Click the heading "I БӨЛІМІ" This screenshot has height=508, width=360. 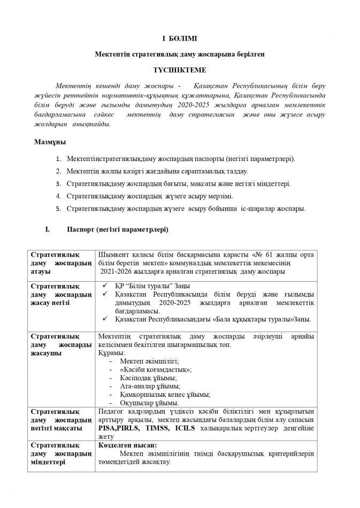coord(180,39)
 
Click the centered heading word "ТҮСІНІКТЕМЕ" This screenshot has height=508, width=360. coord(180,71)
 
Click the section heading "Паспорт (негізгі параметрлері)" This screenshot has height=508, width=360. coord(117,230)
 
